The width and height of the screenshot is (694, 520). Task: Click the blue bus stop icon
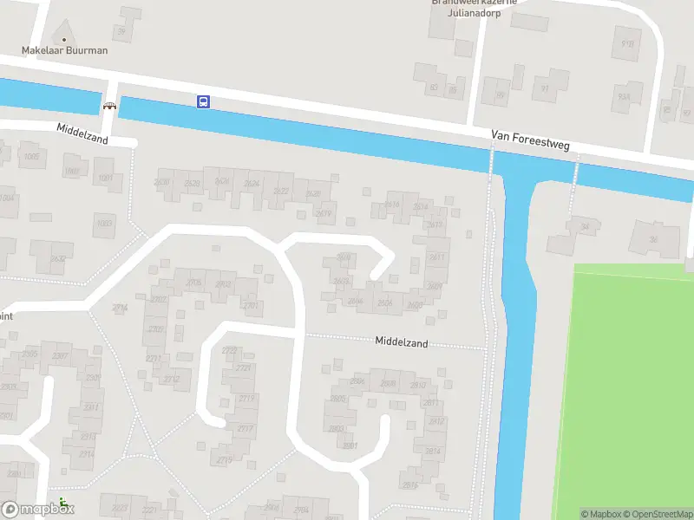[203, 102]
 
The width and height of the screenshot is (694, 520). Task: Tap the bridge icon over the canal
[109, 106]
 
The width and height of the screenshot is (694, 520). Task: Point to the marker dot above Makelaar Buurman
[63, 39]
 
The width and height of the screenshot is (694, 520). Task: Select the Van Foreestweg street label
[529, 140]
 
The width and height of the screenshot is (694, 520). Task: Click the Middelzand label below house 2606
[402, 342]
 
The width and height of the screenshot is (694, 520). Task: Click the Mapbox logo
[37, 509]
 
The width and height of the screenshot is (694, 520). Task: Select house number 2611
[436, 257]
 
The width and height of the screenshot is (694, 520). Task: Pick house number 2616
[392, 205]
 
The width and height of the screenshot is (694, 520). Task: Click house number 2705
[193, 283]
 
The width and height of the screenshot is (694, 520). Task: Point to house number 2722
[230, 350]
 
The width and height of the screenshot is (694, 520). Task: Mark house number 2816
[409, 485]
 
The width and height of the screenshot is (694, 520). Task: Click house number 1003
[104, 224]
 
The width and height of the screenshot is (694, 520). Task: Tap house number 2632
[58, 258]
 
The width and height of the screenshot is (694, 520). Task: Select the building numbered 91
[545, 88]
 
